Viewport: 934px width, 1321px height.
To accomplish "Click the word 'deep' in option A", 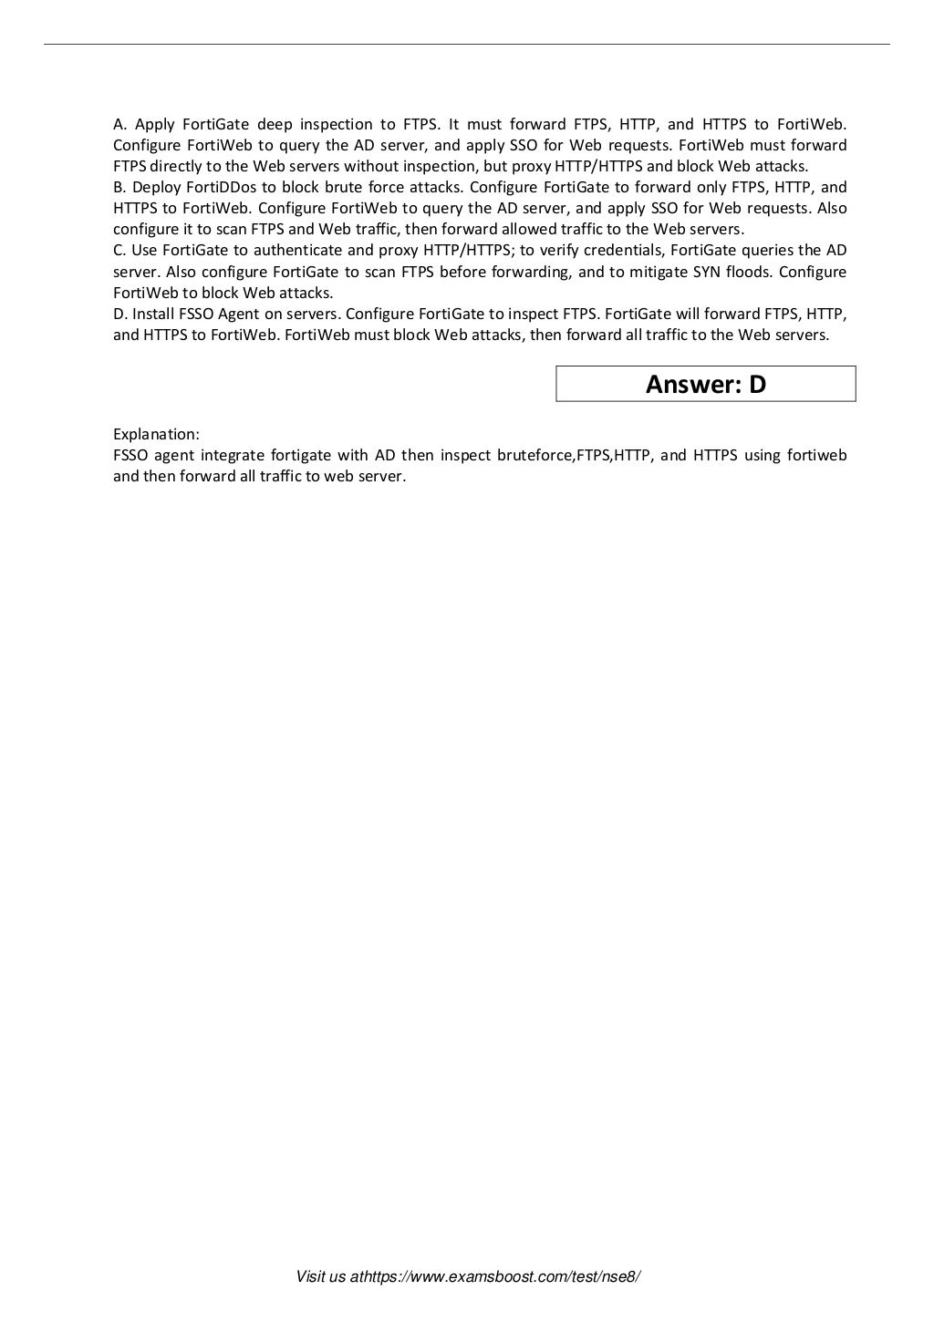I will (x=275, y=124).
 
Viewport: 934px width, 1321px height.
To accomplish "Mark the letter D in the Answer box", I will (x=757, y=384).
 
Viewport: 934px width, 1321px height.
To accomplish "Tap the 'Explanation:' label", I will (x=156, y=434).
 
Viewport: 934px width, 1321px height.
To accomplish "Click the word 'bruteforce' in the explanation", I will (x=534, y=455).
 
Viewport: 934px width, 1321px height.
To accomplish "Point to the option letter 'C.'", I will (x=119, y=250).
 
